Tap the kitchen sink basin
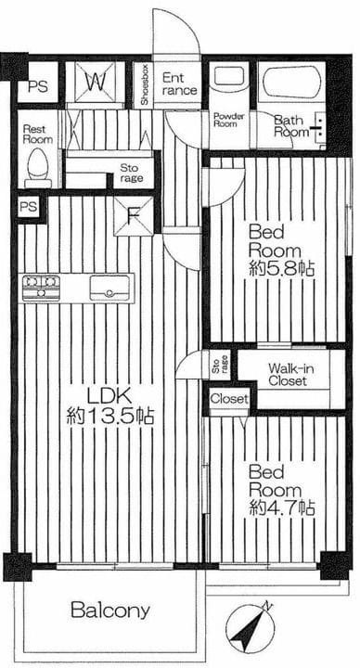(109, 288)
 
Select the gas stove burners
(41, 288)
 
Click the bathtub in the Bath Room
(291, 83)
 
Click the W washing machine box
(95, 82)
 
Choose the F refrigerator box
(134, 216)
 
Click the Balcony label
(110, 610)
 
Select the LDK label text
(109, 397)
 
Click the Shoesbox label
(145, 85)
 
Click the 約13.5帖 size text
(109, 416)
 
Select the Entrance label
(179, 83)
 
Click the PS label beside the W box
(38, 87)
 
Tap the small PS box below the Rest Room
(29, 207)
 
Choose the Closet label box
(229, 400)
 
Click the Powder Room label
(228, 120)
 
